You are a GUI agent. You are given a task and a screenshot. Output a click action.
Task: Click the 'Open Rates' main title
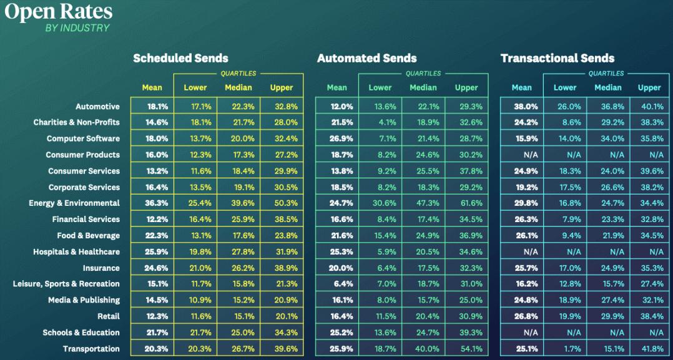[x=59, y=12]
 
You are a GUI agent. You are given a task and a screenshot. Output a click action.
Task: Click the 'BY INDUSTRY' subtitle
[x=77, y=28]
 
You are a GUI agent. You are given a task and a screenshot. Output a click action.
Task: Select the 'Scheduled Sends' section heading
[x=180, y=59]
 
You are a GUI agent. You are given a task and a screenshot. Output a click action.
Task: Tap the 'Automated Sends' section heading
[x=366, y=59]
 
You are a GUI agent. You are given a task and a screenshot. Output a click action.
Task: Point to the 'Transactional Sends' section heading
[x=557, y=59]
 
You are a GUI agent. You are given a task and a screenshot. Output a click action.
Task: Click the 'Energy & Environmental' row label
[x=74, y=203]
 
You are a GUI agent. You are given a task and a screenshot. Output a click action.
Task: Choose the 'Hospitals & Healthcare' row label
[x=76, y=252]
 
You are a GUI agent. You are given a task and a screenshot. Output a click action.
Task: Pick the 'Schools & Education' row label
[x=81, y=333]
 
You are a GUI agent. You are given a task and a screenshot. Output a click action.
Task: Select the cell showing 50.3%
[x=282, y=203]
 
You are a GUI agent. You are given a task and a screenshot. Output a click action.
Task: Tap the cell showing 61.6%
[x=466, y=203]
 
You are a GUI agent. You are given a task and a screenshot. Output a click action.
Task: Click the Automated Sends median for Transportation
[x=423, y=349]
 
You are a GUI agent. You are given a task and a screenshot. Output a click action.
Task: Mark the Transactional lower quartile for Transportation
[x=564, y=349]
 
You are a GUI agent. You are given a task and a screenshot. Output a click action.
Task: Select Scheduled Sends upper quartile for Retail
[x=282, y=316]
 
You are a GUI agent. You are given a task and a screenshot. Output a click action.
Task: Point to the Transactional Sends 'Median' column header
[x=607, y=88]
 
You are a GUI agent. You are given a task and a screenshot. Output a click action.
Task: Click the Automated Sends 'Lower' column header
[x=380, y=88]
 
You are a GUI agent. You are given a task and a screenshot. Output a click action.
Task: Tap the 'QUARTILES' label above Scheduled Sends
[x=238, y=74]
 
